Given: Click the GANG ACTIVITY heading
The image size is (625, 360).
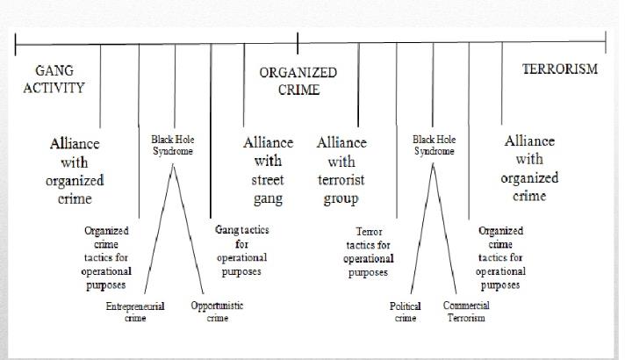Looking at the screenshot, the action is coord(54,79).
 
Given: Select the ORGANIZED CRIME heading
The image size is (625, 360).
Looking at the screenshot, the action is coord(298,81).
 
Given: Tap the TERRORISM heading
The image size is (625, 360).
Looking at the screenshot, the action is coord(560,69).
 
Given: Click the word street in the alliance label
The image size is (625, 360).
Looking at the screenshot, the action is coord(268,180).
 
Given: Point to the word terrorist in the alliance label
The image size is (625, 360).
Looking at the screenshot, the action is coord(341,180).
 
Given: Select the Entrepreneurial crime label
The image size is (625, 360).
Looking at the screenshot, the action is coord(135,312).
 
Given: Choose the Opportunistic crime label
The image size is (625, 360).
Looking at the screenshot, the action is coord(217,312).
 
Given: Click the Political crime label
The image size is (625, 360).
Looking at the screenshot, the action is coord(406,312).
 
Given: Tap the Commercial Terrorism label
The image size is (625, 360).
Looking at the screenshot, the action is coord(466,312).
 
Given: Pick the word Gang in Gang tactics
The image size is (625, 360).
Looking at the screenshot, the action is coord(226,230).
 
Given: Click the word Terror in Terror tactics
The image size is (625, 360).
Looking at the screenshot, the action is coord(369,231).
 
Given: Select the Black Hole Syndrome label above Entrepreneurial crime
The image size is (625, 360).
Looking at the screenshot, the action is coord(173,145).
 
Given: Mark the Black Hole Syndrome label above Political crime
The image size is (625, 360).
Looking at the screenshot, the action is coord(434,145).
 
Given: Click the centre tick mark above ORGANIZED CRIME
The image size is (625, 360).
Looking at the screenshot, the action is coord(298,43).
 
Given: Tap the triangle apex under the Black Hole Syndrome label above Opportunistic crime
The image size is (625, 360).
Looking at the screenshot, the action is coord(173,165).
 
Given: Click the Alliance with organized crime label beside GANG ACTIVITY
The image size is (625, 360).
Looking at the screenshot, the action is coord(75,170).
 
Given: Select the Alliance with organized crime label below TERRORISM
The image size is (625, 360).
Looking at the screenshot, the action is coord(529,169).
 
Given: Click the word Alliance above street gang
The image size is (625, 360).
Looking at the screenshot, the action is coord(269,142).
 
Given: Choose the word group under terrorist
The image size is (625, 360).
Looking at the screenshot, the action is coord(341,198).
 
